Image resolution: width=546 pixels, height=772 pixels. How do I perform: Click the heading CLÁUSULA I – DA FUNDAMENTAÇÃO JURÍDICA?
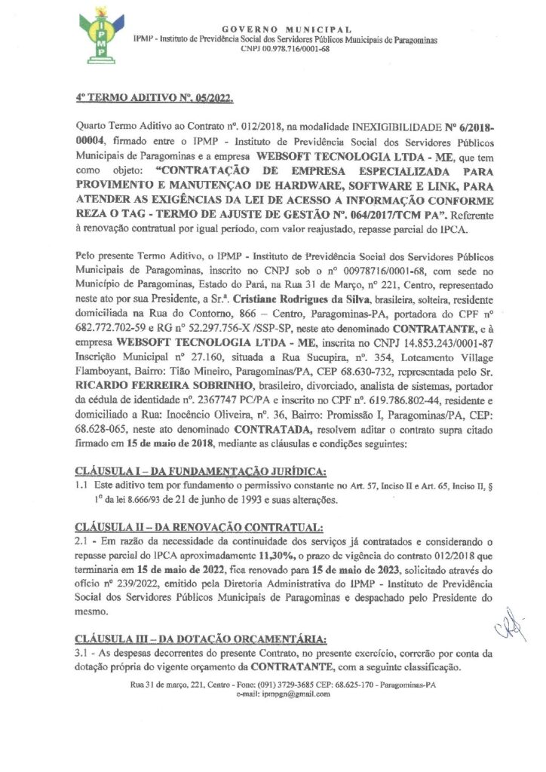201,472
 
